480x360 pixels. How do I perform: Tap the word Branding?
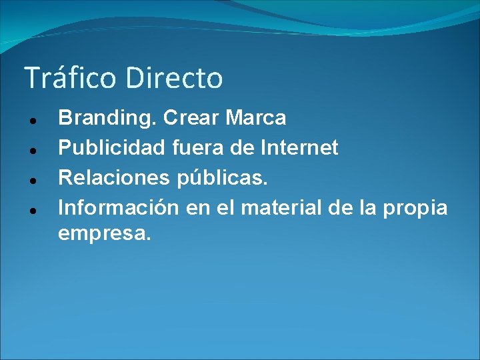click(107, 119)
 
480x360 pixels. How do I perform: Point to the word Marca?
click(256, 118)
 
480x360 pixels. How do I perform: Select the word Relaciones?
click(113, 177)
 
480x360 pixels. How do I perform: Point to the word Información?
click(119, 207)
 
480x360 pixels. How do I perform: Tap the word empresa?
click(105, 234)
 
